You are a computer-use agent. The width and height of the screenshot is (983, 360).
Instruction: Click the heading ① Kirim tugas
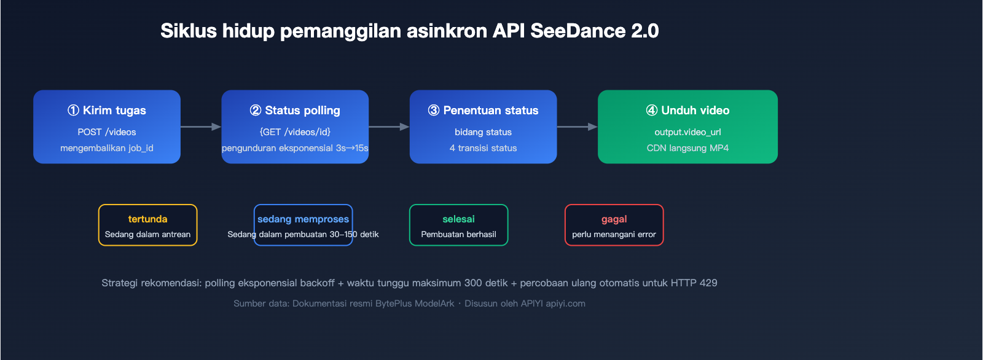(107, 111)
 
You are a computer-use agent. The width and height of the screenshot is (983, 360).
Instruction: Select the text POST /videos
(107, 132)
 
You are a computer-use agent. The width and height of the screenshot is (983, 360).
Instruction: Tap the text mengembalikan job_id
(107, 148)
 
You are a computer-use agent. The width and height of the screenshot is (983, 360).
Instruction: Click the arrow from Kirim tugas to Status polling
(201, 127)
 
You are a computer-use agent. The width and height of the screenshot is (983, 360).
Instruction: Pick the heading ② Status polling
(295, 111)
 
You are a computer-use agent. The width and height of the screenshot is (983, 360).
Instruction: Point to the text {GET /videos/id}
(295, 132)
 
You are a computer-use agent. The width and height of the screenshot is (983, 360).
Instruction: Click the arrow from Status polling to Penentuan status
(389, 127)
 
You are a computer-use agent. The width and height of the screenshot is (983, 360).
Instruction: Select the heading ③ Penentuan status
(483, 111)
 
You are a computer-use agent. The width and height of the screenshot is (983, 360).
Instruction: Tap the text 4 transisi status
(483, 148)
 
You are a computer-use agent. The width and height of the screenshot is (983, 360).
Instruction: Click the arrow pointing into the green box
(577, 127)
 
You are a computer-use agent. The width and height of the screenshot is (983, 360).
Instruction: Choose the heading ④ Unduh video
(687, 111)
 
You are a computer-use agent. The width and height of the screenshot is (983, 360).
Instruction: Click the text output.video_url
(687, 132)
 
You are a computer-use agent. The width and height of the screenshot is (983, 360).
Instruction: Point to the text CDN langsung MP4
(687, 148)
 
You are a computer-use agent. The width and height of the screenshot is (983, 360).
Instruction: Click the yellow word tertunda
(147, 219)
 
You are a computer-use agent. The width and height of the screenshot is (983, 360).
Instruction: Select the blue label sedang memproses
(303, 219)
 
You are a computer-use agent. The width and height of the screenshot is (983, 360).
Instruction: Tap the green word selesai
(458, 219)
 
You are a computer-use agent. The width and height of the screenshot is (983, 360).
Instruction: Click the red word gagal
(614, 219)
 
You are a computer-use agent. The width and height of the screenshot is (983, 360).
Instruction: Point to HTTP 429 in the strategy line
(694, 283)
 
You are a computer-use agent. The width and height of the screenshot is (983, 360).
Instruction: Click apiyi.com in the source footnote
(565, 303)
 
